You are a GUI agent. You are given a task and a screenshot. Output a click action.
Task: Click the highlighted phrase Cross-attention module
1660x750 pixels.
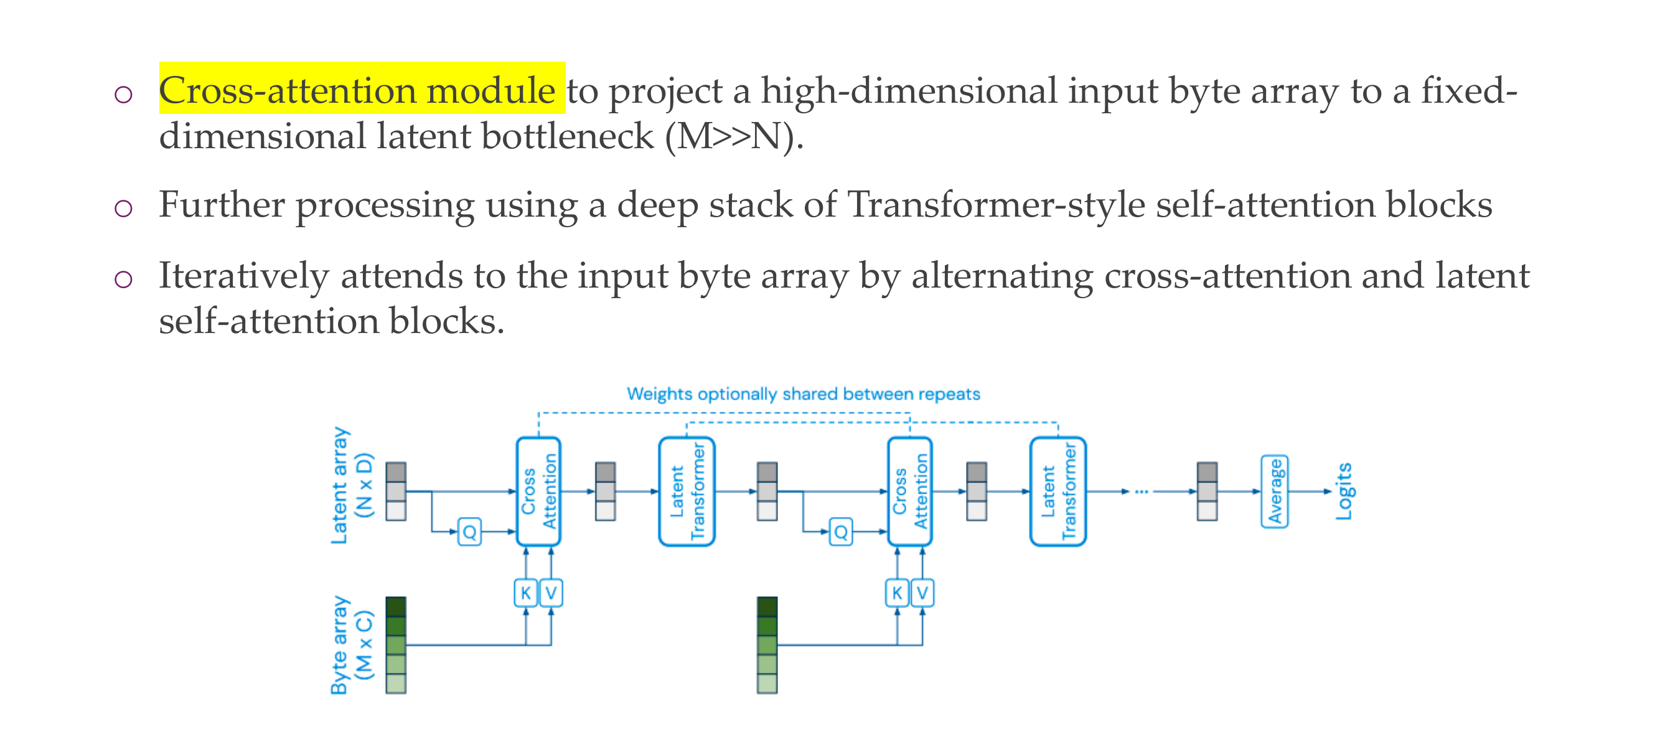coord(357,90)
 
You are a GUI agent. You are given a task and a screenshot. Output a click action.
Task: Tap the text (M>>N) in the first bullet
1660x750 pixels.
coord(733,136)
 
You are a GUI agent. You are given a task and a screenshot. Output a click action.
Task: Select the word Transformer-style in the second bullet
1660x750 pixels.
coord(996,205)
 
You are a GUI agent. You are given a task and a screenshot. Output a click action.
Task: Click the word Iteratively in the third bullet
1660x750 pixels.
coord(243,276)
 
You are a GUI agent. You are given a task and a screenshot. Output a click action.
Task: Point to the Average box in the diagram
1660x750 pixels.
coord(1274,492)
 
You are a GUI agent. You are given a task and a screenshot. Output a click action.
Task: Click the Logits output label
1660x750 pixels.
coord(1344,491)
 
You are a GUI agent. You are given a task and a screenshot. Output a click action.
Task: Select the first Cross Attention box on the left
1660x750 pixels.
coord(538,492)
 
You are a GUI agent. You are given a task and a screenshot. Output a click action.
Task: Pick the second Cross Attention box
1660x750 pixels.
coord(909,492)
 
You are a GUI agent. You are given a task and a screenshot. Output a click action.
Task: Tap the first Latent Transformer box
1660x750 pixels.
coord(687,492)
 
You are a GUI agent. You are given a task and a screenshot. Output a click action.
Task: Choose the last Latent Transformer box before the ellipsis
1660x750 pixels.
coord(1058,492)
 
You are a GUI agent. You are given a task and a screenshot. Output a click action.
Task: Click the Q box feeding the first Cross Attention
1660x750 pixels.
coord(469,532)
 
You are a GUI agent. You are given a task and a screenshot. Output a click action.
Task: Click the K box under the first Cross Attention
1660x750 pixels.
coord(526,593)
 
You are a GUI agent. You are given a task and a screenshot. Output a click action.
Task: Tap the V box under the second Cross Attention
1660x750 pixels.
coord(922,593)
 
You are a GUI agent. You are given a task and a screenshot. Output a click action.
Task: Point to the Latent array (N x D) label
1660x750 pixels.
coord(351,486)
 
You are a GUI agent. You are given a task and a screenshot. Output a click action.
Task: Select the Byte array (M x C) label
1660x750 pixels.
coord(351,644)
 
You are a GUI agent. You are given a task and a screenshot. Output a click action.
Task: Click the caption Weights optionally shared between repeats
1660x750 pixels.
coord(803,394)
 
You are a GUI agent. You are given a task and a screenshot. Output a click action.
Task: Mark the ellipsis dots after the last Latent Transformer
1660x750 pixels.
coord(1142,492)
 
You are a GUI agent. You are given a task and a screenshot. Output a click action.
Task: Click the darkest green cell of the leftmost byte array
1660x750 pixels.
coord(396,607)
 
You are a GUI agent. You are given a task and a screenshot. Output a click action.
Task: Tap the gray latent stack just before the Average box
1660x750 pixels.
coord(1207,492)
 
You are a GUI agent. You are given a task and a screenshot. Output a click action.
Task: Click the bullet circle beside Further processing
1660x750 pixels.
coord(123,208)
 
